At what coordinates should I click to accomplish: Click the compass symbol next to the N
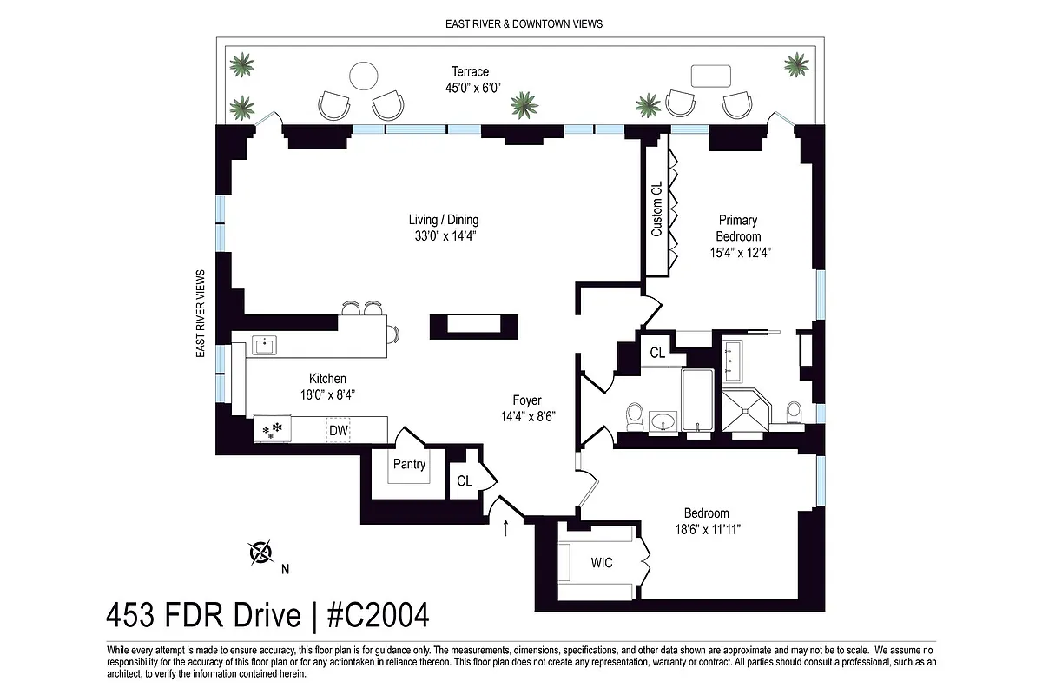[260, 552]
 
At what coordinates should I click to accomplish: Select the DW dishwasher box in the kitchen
[338, 430]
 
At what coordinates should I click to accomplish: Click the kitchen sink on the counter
[263, 347]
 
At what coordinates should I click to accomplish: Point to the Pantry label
[409, 464]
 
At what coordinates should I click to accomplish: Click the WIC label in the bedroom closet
[602, 563]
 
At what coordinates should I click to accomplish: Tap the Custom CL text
[656, 208]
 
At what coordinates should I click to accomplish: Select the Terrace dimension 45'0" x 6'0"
[470, 88]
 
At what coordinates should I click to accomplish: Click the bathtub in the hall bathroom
[697, 400]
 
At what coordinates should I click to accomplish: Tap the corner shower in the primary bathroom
[745, 411]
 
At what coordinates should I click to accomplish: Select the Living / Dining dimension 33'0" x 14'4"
[444, 235]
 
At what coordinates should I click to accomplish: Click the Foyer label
[527, 400]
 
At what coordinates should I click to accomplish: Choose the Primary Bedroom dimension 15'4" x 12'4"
[738, 253]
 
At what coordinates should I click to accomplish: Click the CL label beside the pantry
[465, 480]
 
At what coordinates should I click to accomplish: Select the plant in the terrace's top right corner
[796, 63]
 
